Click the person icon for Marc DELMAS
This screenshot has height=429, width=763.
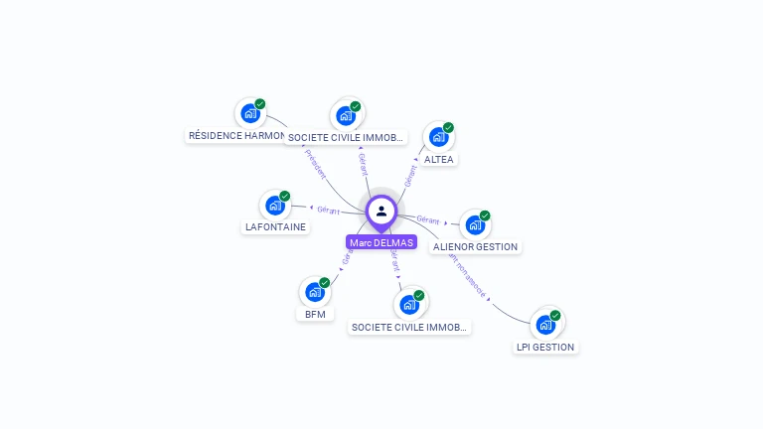click(381, 211)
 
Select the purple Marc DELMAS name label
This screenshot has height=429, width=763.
click(381, 242)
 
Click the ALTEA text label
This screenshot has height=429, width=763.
click(438, 159)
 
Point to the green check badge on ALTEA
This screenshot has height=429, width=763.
click(448, 127)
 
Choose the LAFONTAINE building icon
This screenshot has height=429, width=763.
click(274, 206)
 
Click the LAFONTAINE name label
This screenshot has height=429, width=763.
click(275, 226)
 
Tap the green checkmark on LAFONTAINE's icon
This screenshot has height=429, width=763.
click(284, 196)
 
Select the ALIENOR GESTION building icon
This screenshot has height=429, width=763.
click(474, 225)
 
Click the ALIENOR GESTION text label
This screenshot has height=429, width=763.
click(475, 246)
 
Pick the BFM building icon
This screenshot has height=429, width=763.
click(314, 292)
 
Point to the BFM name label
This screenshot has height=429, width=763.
click(315, 314)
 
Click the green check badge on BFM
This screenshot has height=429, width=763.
click(324, 282)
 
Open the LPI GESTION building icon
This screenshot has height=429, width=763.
click(544, 325)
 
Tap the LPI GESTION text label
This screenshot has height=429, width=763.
click(545, 347)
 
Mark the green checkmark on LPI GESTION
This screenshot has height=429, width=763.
click(555, 315)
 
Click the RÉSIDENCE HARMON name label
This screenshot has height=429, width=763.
click(236, 135)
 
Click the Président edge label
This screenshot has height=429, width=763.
click(315, 164)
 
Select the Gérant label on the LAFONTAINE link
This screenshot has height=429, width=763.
click(328, 211)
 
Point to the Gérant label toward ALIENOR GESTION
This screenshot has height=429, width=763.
click(428, 219)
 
